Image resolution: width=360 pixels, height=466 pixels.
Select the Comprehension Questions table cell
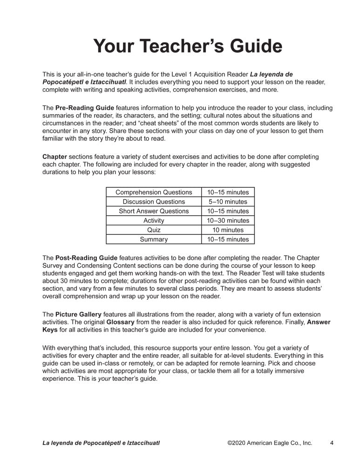154,192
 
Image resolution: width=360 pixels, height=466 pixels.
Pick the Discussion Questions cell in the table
154,202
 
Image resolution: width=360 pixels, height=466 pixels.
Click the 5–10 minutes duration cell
228,202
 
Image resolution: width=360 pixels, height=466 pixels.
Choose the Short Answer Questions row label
154,211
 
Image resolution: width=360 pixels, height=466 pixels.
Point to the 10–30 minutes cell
228,220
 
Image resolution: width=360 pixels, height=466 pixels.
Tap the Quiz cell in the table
154,230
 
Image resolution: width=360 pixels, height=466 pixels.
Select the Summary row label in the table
154,240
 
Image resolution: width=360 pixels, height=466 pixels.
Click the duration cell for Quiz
228,230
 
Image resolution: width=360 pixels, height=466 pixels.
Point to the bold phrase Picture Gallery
79,315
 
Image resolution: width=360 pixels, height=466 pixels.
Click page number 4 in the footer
332,443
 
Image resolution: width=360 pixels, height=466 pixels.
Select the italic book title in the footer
101,443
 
